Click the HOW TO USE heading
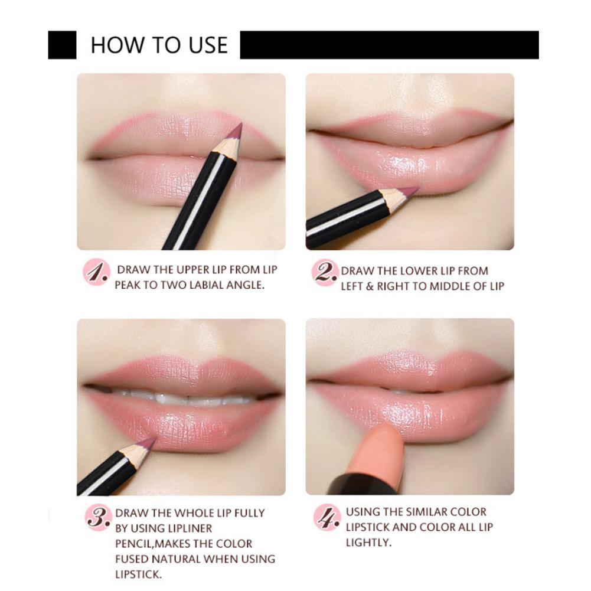click(x=159, y=45)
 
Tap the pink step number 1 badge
click(x=96, y=273)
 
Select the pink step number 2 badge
click(x=325, y=273)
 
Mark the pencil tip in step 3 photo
click(x=149, y=441)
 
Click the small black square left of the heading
click(x=62, y=45)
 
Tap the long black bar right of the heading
click(x=389, y=45)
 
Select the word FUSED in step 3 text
click(x=133, y=559)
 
